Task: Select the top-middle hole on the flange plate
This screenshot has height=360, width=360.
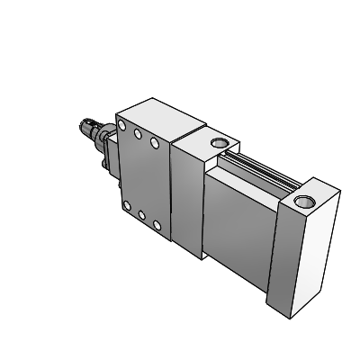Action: (x=139, y=135)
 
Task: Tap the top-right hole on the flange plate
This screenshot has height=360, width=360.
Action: (x=155, y=142)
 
